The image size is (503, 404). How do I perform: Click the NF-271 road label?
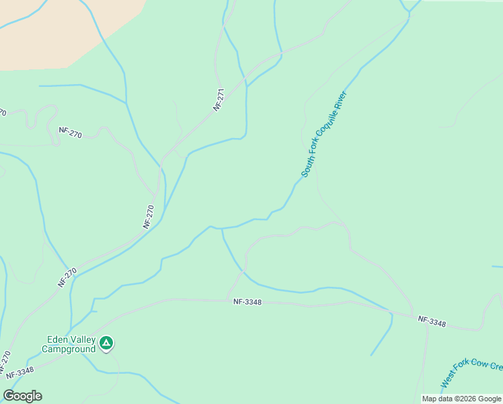[x=219, y=99]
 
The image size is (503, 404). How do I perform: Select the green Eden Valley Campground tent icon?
[x=106, y=343]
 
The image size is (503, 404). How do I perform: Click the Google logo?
[x=22, y=396]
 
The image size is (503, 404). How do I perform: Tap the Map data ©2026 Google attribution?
[x=461, y=399]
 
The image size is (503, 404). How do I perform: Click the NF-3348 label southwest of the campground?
[x=17, y=372]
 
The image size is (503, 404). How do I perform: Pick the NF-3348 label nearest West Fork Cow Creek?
[x=431, y=322]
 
